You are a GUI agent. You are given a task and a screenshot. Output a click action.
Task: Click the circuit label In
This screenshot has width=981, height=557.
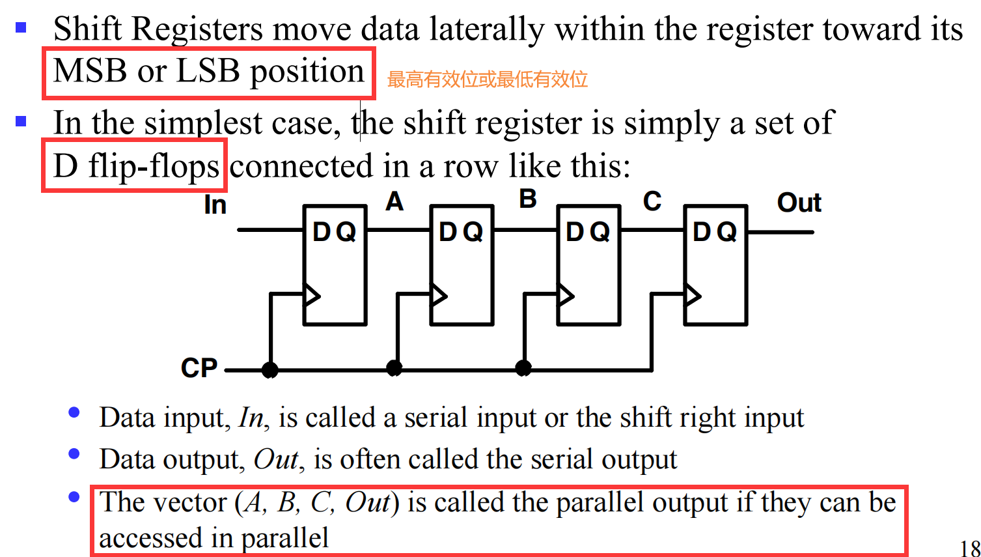215,205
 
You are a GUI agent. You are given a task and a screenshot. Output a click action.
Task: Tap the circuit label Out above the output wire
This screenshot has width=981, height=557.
799,203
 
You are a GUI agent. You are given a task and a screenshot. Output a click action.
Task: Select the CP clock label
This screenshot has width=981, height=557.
199,368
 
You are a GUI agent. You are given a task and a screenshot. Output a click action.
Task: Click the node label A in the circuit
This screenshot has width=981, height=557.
394,202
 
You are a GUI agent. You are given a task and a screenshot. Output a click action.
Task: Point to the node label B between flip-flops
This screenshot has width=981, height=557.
528,199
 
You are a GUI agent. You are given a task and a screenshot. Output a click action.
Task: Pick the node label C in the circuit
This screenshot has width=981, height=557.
652,202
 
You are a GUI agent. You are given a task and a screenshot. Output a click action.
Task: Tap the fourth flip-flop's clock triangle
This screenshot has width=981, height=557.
693,296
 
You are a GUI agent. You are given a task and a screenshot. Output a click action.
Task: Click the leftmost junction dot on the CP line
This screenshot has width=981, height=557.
269,370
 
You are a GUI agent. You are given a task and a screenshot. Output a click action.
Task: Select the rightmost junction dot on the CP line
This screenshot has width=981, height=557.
523,369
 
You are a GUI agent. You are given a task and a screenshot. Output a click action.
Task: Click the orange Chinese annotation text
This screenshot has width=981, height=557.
488,79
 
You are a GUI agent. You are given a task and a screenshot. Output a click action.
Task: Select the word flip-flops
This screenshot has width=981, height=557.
154,167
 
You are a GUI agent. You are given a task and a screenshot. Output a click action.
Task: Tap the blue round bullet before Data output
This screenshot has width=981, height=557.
74,454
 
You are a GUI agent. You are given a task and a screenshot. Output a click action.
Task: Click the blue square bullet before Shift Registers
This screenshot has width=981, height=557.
21,27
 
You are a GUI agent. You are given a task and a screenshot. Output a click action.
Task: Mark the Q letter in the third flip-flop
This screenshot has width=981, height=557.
599,232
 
